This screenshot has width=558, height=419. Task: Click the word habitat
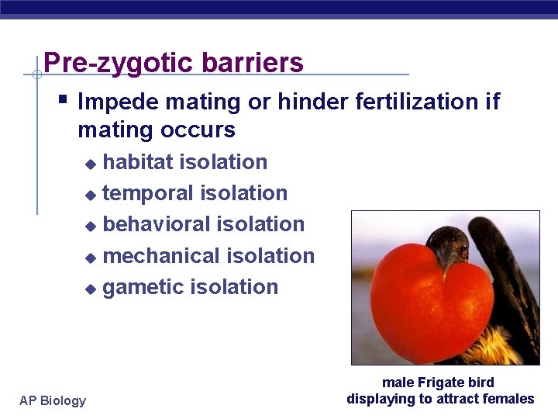click(139, 162)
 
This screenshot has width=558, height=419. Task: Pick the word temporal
click(150, 193)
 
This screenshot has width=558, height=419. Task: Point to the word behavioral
click(157, 224)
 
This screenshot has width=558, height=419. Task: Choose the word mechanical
click(162, 256)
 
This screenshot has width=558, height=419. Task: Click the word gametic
click(143, 287)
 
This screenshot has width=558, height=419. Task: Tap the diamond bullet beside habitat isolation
click(91, 164)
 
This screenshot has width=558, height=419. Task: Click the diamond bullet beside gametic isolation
click(91, 289)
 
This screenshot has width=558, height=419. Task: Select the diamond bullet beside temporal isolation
click(91, 195)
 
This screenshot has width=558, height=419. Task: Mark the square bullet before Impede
click(64, 99)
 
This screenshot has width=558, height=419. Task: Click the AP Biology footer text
click(53, 400)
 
